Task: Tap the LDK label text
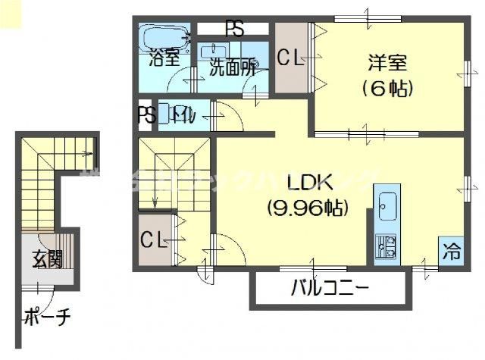306,183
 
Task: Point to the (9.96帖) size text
306,205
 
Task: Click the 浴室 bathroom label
164,55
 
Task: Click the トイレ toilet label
184,115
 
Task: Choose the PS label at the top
234,30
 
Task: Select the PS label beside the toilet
146,115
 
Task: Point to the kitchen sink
387,205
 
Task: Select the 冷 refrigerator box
451,248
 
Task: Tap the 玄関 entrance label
47,260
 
